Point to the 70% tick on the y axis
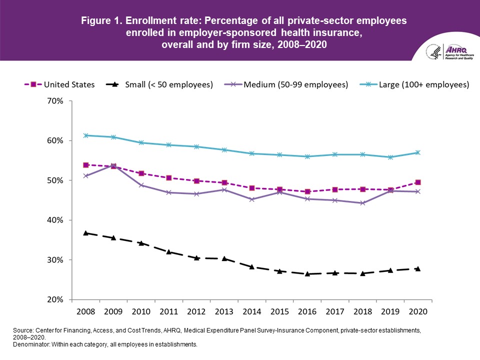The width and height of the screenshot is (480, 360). (x=55, y=101)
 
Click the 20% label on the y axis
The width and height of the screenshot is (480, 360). (x=55, y=300)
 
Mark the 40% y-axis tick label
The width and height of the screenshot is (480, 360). (x=55, y=220)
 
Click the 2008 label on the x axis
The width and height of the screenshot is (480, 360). (x=86, y=311)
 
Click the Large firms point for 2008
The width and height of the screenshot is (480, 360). (x=86, y=135)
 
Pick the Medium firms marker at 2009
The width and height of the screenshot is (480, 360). (x=113, y=165)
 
